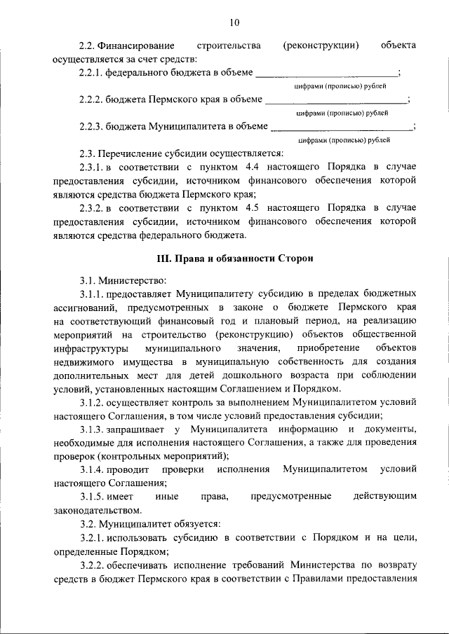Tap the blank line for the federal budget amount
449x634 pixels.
point(326,73)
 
